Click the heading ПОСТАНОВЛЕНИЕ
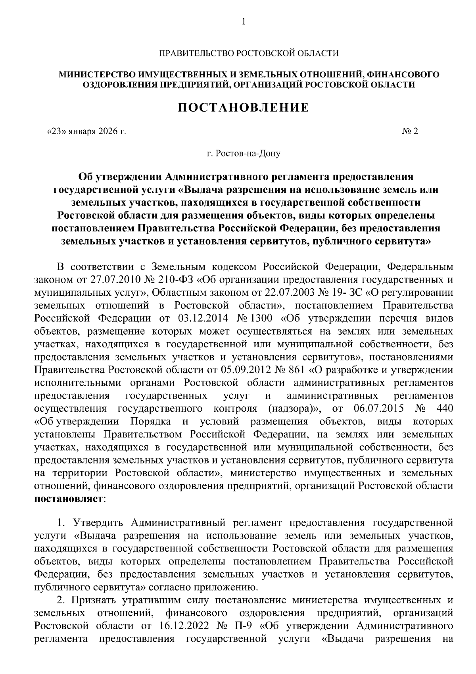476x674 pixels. pyautogui.click(x=243, y=108)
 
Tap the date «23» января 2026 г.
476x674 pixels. pyautogui.click(x=86, y=131)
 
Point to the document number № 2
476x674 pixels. pyautogui.click(x=410, y=131)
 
